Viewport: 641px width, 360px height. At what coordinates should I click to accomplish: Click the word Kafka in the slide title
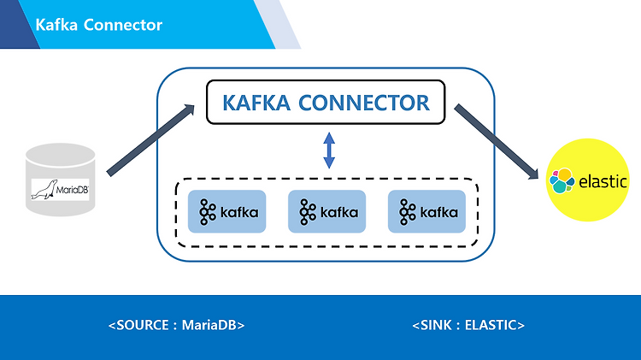(56, 25)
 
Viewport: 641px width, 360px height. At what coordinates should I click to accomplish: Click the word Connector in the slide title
(123, 25)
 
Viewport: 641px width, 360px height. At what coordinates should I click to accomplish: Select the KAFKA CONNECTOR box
(326, 103)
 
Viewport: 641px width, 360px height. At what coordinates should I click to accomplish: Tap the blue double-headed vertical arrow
(329, 150)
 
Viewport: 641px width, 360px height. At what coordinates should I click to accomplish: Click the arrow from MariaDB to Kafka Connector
(150, 140)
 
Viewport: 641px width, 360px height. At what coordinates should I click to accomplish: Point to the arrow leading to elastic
(497, 141)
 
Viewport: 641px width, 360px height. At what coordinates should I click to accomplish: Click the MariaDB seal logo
(44, 190)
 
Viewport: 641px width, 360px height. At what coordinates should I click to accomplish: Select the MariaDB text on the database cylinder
(72, 190)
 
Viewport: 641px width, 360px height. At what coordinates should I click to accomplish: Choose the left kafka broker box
(226, 211)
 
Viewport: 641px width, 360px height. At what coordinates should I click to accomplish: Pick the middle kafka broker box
(327, 211)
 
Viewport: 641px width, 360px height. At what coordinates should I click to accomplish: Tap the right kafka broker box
(426, 211)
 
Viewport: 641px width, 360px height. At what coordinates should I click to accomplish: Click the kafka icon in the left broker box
(208, 212)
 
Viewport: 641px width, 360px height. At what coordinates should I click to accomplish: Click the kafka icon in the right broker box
(407, 212)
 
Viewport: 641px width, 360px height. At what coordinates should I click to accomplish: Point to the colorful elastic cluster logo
(562, 180)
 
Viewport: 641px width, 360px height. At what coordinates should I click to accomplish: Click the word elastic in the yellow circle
(603, 181)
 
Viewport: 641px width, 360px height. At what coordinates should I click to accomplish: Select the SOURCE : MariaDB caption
(177, 325)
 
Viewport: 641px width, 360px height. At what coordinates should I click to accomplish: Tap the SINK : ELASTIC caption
(468, 325)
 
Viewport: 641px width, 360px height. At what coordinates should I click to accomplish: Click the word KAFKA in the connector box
(256, 103)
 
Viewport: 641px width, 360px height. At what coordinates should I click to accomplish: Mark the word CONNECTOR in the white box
(364, 103)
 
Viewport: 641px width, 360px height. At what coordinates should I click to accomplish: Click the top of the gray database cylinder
(61, 154)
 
